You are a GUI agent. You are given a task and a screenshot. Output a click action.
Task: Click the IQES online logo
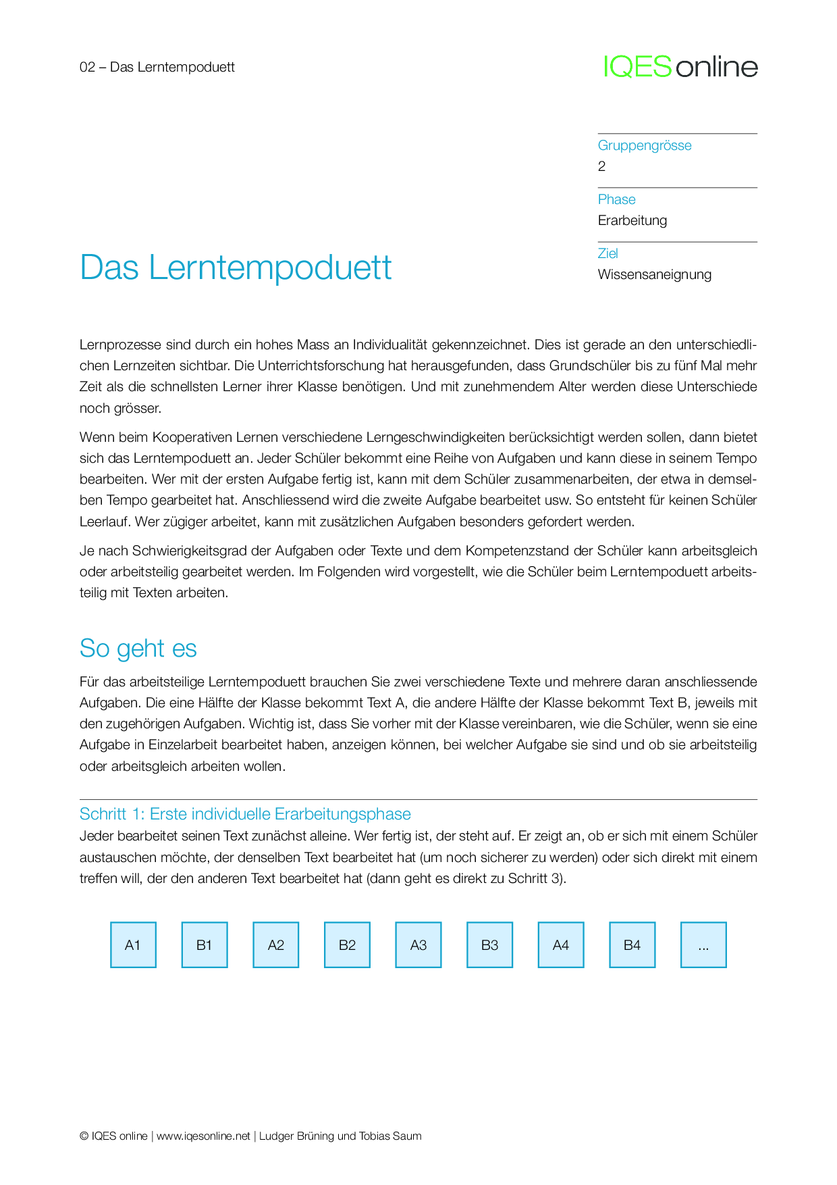click(x=680, y=67)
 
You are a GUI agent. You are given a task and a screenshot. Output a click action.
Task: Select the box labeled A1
click(x=133, y=944)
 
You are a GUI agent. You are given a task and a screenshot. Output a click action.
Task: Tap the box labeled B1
click(x=205, y=944)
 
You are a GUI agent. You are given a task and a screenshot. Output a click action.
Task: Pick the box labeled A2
click(x=276, y=944)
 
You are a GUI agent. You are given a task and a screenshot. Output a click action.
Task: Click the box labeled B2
click(x=347, y=944)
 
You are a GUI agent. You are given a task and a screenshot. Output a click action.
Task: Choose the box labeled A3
click(x=418, y=944)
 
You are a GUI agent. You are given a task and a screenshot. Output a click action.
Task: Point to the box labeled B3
click(x=489, y=944)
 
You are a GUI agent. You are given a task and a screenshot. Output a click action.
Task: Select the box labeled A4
click(x=561, y=944)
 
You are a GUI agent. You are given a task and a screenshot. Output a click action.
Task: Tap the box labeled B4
click(x=632, y=944)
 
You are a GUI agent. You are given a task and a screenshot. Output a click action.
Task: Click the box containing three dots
click(x=703, y=944)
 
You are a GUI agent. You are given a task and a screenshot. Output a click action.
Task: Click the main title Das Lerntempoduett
click(x=236, y=268)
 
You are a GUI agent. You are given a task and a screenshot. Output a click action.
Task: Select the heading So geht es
click(x=138, y=648)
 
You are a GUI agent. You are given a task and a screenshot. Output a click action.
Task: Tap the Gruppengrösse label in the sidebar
click(x=645, y=145)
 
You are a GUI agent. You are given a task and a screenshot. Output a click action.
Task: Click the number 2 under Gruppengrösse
click(x=601, y=166)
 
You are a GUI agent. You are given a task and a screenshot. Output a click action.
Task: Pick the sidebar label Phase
click(x=616, y=199)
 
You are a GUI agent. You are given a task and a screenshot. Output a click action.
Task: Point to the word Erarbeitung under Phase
click(x=632, y=220)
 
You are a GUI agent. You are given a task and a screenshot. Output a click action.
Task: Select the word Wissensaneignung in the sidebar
click(x=654, y=274)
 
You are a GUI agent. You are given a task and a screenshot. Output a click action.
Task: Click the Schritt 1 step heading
click(x=245, y=814)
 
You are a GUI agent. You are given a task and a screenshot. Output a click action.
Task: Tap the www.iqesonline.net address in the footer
click(x=203, y=1136)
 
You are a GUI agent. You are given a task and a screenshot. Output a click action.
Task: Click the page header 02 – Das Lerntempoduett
click(x=157, y=67)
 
